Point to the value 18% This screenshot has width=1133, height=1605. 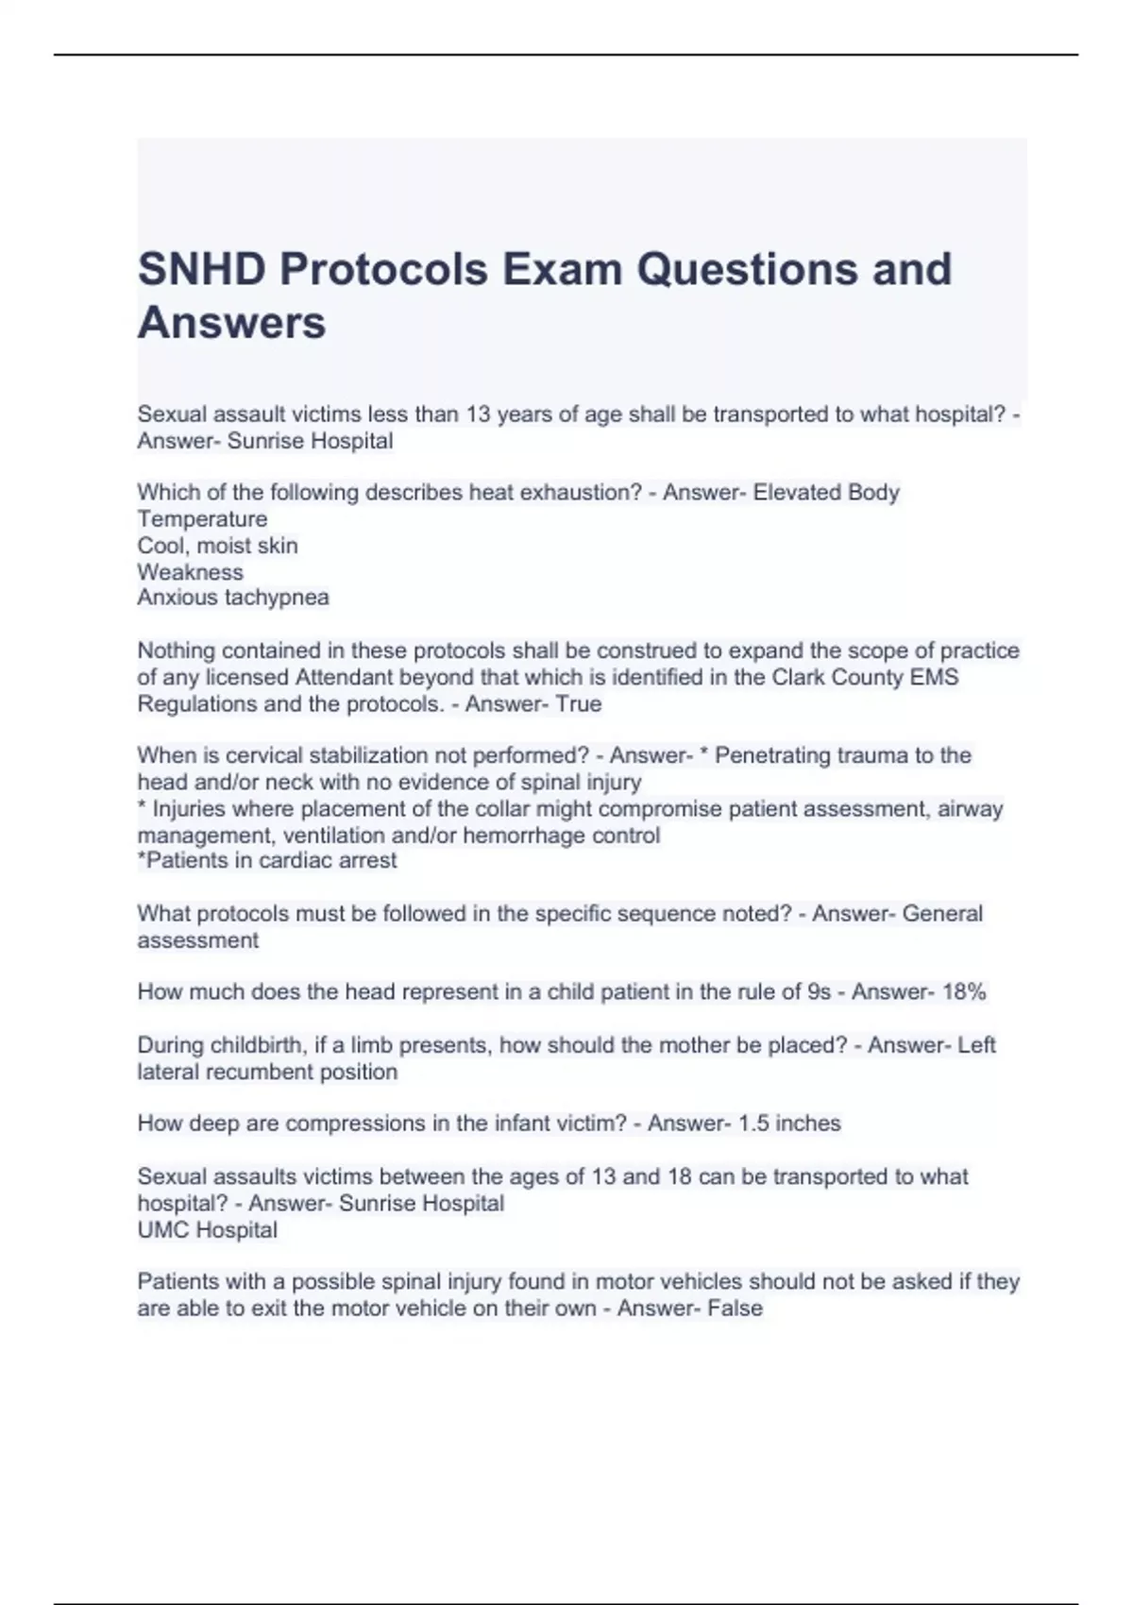[x=963, y=992]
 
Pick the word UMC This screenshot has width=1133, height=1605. [x=162, y=1230]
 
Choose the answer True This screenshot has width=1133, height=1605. [x=579, y=704]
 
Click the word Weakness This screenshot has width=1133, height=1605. [x=190, y=572]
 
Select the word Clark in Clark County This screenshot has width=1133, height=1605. [x=802, y=678]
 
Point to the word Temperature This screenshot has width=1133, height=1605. [x=202, y=519]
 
